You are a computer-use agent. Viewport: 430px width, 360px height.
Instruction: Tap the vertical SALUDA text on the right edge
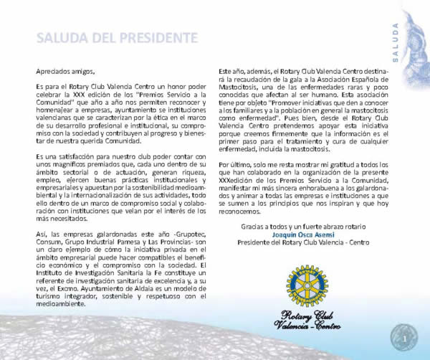[396, 42]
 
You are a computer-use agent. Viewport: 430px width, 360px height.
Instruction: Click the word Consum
[49, 242]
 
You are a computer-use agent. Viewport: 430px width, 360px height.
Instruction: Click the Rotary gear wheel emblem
[306, 283]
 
